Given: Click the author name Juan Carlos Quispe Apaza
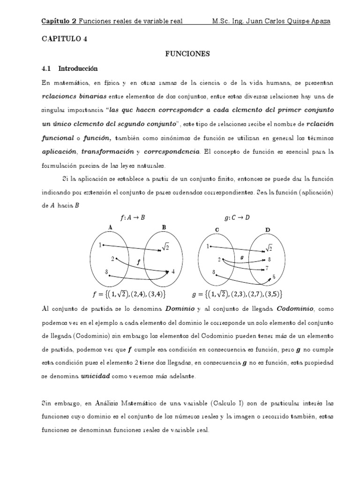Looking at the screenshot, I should point(290,21).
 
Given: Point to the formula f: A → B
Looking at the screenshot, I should point(132,217).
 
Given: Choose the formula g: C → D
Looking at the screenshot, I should point(237,217).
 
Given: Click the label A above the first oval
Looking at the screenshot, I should point(110,227).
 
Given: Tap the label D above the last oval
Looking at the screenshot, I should point(268,230).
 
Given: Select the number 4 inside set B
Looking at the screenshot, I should point(173,271).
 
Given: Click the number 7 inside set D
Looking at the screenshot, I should point(267,268).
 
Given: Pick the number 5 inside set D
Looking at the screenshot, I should point(274,277).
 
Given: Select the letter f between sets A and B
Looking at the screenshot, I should point(138,263).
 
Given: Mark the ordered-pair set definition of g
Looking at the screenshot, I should point(237,294).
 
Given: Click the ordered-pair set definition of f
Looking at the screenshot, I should point(129,294).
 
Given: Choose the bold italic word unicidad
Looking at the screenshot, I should point(97,376).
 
